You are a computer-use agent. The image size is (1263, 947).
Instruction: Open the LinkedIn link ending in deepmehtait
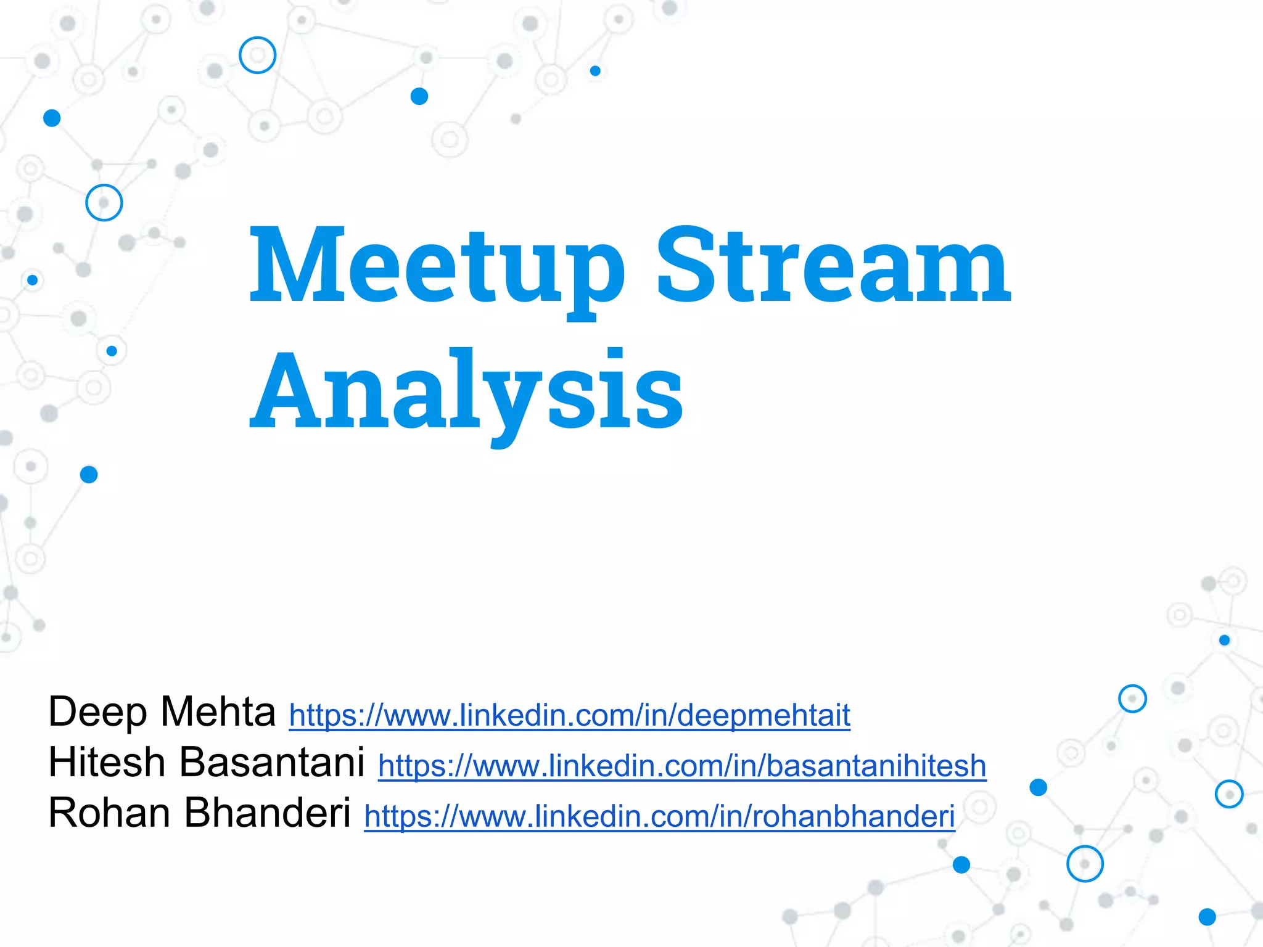[x=569, y=715]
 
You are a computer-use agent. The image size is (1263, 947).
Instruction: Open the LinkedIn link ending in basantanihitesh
[x=682, y=766]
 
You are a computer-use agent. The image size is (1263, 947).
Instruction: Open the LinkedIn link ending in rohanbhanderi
[x=659, y=816]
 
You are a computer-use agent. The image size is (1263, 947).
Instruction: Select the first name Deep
[x=97, y=713]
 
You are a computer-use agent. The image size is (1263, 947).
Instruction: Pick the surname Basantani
[x=271, y=762]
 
